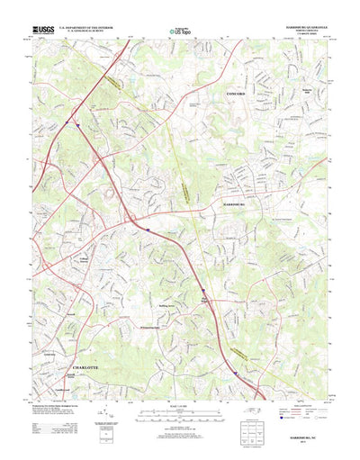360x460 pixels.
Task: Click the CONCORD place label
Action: [236, 93]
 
